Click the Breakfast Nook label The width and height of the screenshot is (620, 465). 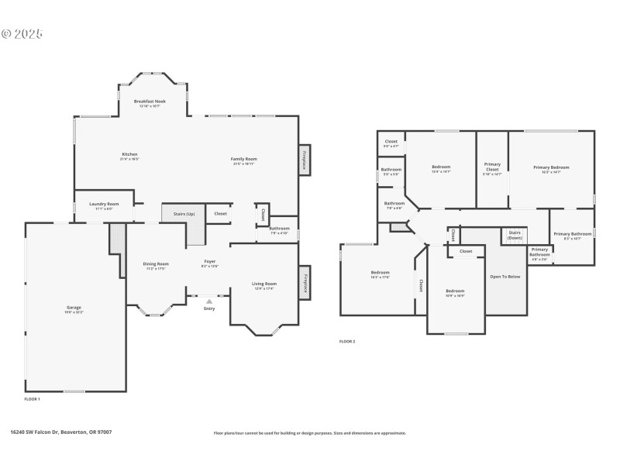tap(150, 102)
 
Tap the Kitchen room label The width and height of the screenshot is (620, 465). tap(129, 154)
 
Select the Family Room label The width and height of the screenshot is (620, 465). tap(243, 159)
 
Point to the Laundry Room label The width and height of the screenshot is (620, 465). tap(104, 204)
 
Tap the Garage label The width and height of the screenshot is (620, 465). tap(74, 308)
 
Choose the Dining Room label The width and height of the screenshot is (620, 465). tap(156, 264)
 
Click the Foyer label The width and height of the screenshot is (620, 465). tap(210, 262)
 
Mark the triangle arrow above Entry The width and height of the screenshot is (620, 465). tap(209, 301)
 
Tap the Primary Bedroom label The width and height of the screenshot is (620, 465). tap(550, 167)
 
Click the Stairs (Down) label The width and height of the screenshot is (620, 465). tap(515, 235)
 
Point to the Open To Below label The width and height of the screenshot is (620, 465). tap(505, 276)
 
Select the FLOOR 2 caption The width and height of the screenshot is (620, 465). tap(347, 341)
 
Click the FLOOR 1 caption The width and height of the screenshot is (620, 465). tap(32, 398)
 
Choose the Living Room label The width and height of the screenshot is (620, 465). tap(264, 284)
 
